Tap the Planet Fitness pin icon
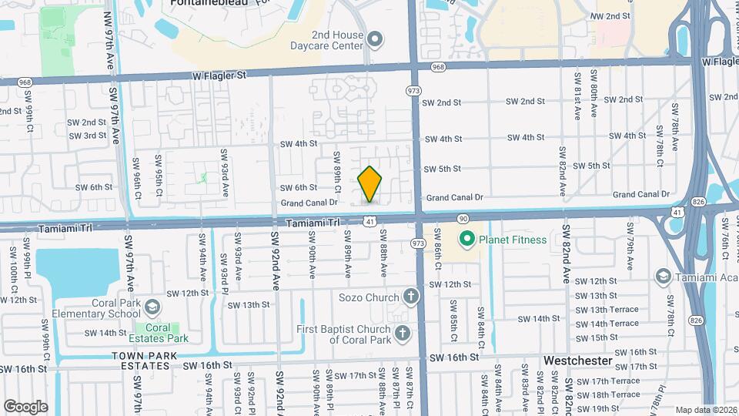pyautogui.click(x=466, y=240)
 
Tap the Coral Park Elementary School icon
pyautogui.click(x=152, y=308)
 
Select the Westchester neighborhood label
pyautogui.click(x=577, y=360)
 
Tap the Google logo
pyautogui.click(x=25, y=406)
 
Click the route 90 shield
pyautogui.click(x=463, y=220)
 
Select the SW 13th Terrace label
pyautogui.click(x=607, y=310)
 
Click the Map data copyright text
pyautogui.click(x=704, y=410)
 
